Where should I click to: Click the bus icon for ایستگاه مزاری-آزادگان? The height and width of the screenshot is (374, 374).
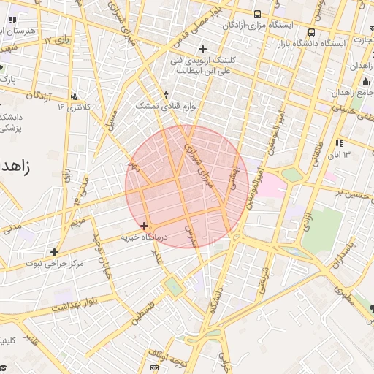pos(257,14)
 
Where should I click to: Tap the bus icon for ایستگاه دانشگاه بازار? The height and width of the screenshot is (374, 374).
pos(312,33)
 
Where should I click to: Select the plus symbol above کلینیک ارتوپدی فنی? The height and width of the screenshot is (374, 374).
pos(202,49)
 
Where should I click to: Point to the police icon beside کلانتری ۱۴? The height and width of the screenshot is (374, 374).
pos(75,96)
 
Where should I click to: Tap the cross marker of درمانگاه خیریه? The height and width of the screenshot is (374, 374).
pos(145,226)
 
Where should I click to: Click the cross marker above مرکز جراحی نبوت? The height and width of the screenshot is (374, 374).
pos(54,252)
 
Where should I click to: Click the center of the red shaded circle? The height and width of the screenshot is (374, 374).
pos(186,186)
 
